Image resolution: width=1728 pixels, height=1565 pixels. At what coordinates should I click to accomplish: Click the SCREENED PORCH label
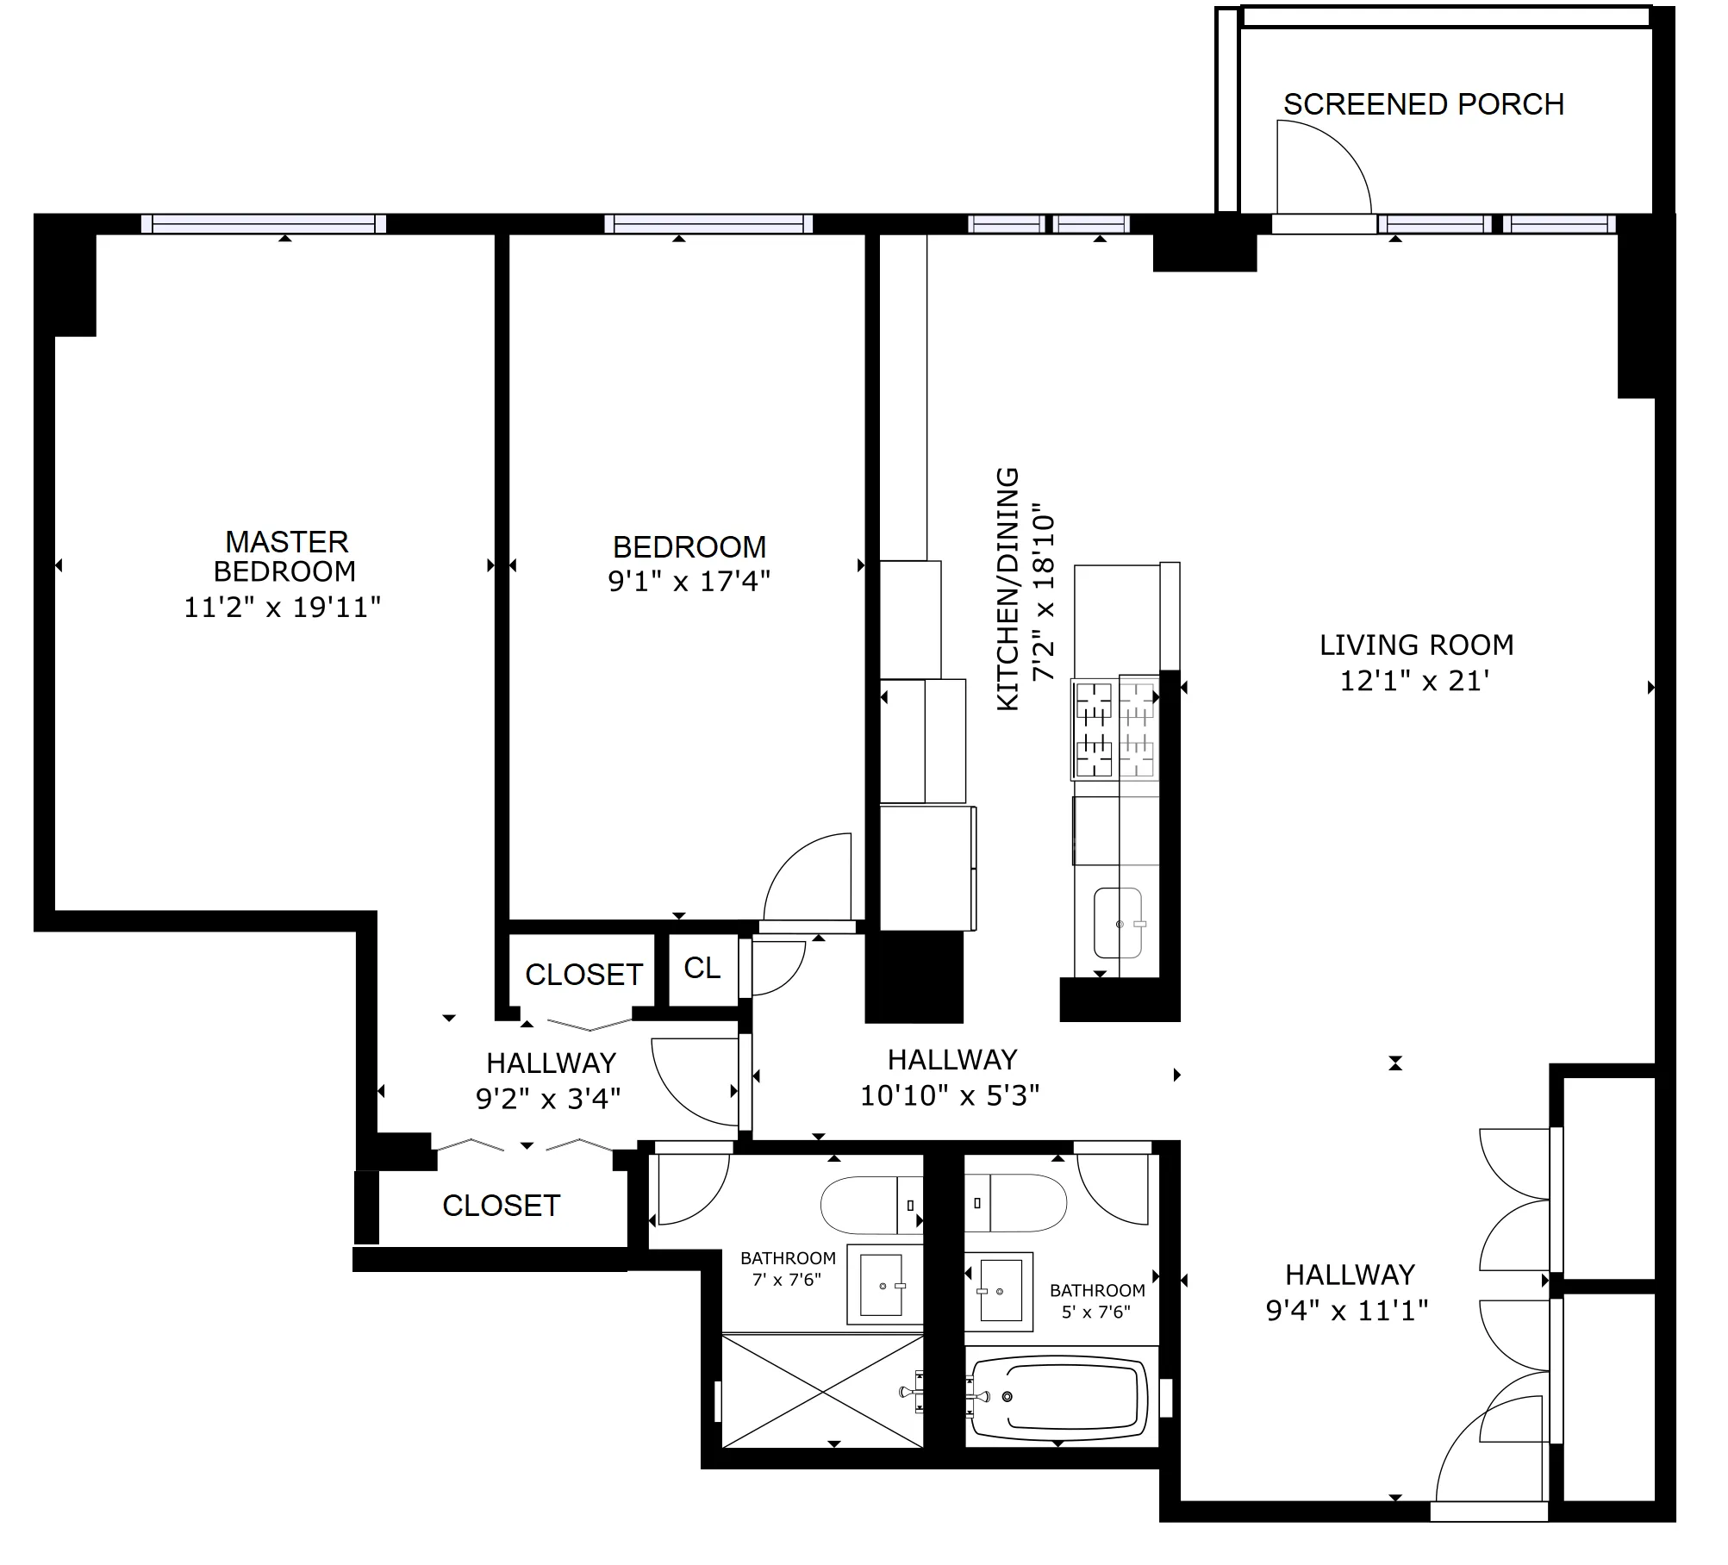pyautogui.click(x=1423, y=104)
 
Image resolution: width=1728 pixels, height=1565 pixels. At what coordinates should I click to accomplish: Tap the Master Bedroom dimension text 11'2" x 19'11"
pyautogui.click(x=282, y=608)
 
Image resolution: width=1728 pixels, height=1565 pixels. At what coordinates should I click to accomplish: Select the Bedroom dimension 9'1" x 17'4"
pyautogui.click(x=689, y=582)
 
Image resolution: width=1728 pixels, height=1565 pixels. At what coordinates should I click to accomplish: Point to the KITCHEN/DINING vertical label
pyautogui.click(x=1007, y=589)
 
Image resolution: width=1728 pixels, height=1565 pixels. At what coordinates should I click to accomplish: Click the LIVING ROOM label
pyautogui.click(x=1416, y=645)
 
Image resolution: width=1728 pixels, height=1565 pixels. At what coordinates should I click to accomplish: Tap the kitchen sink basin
pyautogui.click(x=1118, y=923)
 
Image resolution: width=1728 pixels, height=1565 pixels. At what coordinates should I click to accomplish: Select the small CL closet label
pyautogui.click(x=702, y=968)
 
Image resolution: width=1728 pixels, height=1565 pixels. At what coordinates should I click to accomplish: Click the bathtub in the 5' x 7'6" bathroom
pyautogui.click(x=1060, y=1397)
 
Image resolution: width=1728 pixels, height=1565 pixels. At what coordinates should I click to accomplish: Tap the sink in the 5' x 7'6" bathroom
pyautogui.click(x=1001, y=1290)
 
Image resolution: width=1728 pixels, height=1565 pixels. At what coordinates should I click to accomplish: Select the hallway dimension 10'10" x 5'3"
pyautogui.click(x=950, y=1095)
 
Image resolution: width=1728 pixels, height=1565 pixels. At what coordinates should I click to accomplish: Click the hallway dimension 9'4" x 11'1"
pyautogui.click(x=1346, y=1311)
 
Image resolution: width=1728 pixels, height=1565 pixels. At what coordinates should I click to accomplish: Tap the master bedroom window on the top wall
pyautogui.click(x=263, y=224)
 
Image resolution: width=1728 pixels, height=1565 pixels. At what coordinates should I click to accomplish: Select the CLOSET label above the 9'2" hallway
pyautogui.click(x=583, y=975)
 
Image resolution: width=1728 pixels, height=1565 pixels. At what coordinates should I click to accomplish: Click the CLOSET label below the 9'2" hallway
pyautogui.click(x=501, y=1206)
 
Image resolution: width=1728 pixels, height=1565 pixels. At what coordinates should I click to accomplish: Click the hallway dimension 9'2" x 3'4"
pyautogui.click(x=548, y=1099)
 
